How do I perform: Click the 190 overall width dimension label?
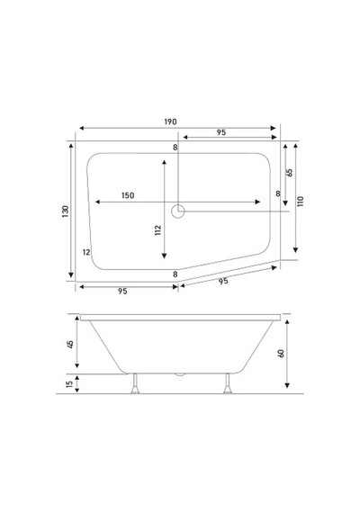click(x=170, y=121)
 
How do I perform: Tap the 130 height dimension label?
click(x=66, y=211)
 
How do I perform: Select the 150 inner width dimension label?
click(x=128, y=195)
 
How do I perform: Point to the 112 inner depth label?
click(x=158, y=230)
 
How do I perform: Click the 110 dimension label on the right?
click(x=301, y=202)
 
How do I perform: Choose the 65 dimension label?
click(x=290, y=173)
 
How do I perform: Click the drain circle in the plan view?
click(x=178, y=211)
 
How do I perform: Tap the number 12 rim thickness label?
click(x=86, y=252)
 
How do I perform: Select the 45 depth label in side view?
click(x=70, y=344)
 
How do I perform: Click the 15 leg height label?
click(x=69, y=384)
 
